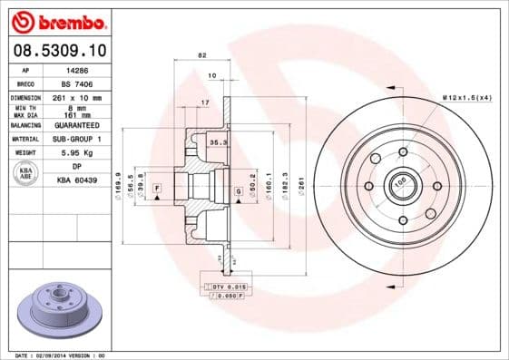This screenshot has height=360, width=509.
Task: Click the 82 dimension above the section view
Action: click(201, 56)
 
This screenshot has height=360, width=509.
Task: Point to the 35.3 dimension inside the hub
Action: click(217, 143)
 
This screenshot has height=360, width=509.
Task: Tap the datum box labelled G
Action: click(238, 192)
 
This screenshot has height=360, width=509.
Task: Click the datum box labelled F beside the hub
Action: click(157, 188)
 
